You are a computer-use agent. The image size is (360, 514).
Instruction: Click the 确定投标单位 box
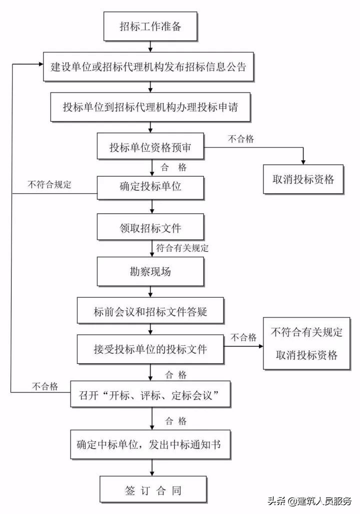pyautogui.click(x=150, y=188)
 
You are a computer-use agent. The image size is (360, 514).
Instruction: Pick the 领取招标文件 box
pyautogui.click(x=150, y=228)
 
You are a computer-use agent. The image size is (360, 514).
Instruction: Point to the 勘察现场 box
pyautogui.click(x=150, y=271)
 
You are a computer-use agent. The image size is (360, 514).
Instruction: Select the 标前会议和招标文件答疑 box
pyautogui.click(x=150, y=312)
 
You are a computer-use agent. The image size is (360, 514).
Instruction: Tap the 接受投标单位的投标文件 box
pyautogui.click(x=150, y=349)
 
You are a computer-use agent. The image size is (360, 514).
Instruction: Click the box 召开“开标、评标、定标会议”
pyautogui.click(x=150, y=396)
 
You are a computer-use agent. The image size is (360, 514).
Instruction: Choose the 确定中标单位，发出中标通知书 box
pyautogui.click(x=150, y=444)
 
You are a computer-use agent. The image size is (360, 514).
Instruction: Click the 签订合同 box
pyautogui.click(x=150, y=490)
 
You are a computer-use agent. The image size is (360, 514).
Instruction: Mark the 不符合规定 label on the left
pyautogui.click(x=49, y=184)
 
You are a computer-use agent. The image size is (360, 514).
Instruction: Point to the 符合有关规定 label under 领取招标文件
pyautogui.click(x=182, y=248)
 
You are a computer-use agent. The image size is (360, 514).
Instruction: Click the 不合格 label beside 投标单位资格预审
pyautogui.click(x=240, y=140)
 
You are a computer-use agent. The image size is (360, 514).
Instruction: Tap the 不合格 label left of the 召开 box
pyautogui.click(x=45, y=386)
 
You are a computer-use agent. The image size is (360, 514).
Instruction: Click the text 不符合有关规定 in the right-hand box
pyautogui.click(x=306, y=332)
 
